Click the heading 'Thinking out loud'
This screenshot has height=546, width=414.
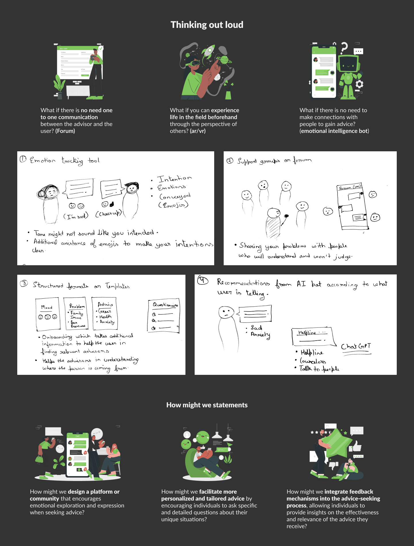(207, 25)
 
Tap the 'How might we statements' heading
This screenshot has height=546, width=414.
(207, 405)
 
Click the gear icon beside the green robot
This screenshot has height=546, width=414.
(359, 84)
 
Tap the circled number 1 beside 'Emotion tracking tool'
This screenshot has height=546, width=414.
(23, 159)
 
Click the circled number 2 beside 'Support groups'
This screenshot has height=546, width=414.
(230, 161)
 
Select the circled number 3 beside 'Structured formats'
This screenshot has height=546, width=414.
(24, 283)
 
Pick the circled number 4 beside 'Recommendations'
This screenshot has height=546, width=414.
(203, 280)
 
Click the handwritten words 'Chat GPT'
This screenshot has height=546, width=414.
(356, 346)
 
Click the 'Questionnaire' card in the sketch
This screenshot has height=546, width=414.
(164, 316)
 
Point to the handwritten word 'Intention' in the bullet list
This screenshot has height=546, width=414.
(174, 179)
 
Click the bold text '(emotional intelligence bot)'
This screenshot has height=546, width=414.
(334, 131)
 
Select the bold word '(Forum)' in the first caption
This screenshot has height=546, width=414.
(65, 131)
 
